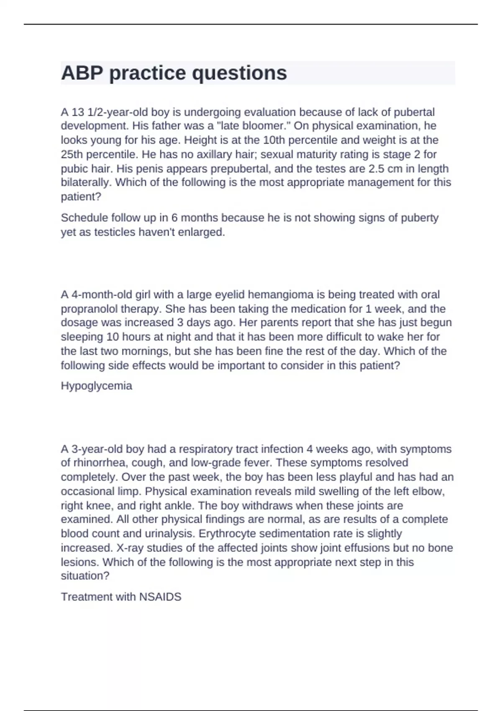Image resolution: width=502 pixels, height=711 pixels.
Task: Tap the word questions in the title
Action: (239, 73)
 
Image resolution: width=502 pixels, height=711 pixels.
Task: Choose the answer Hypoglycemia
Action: (97, 386)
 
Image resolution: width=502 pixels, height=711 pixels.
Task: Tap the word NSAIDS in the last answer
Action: (160, 597)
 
